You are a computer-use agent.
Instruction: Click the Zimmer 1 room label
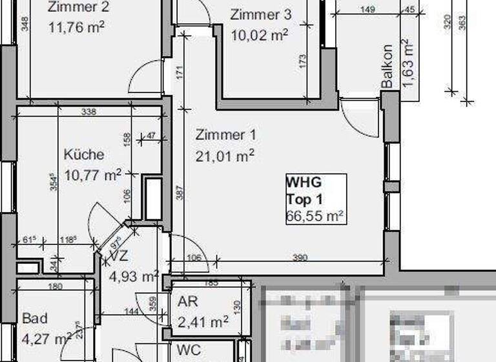(x=225, y=135)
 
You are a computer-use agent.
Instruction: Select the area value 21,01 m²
(x=225, y=155)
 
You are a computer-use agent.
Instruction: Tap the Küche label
(x=84, y=155)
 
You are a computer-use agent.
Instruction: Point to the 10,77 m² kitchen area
(x=94, y=175)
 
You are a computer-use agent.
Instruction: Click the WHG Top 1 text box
(x=316, y=198)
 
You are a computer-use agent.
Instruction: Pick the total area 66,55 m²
(x=315, y=216)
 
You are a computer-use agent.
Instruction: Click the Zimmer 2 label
(x=78, y=8)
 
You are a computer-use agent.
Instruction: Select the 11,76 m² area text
(x=76, y=27)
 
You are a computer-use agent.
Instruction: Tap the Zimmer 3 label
(x=260, y=15)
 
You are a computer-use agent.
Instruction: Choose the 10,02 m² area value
(x=259, y=34)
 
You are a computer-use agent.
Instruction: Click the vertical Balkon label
(x=387, y=67)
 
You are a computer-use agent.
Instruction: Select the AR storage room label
(x=188, y=302)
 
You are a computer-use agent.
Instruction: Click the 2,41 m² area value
(x=202, y=320)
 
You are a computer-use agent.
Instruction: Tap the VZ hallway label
(x=119, y=257)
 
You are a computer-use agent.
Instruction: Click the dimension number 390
(x=300, y=258)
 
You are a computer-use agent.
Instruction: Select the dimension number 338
(x=89, y=112)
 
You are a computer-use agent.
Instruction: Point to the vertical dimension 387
(x=181, y=193)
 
